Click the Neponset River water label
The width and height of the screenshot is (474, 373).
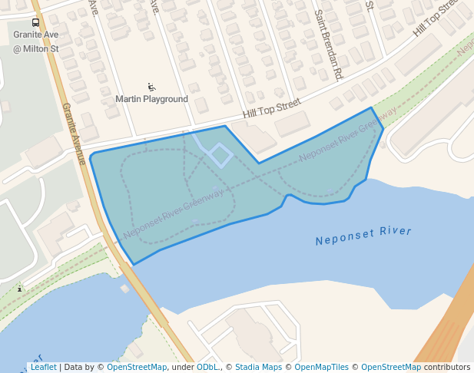363,236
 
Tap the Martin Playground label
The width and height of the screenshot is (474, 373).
151,99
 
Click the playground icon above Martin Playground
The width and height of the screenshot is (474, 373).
151,87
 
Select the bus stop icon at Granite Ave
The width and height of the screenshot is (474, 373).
35,23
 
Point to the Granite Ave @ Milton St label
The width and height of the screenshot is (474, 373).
35,42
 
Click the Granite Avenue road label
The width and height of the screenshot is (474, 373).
74,134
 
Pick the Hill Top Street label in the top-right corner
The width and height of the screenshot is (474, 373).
440,19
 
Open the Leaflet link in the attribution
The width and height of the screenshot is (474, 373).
43,367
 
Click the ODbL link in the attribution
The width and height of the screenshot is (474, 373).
207,367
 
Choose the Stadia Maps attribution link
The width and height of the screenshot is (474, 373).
258,367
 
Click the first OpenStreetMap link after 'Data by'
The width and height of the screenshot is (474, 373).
136,367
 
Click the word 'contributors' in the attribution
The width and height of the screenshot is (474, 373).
447,367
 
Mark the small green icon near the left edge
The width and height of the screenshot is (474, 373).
20,289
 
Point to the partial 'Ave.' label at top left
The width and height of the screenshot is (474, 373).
94,7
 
